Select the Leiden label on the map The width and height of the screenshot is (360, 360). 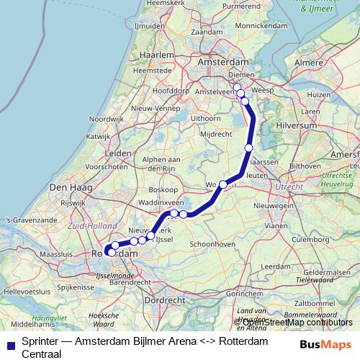[118, 153]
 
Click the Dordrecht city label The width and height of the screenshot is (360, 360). [166, 300]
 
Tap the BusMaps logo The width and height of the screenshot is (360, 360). [326, 343]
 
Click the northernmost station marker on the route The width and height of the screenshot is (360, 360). [237, 87]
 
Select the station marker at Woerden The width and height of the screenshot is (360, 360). [223, 185]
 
